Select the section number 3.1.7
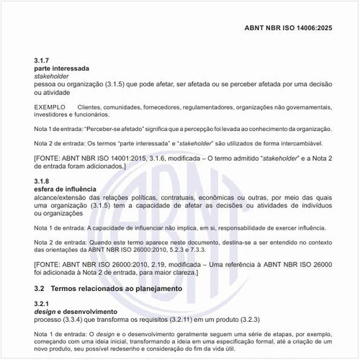click(42, 59)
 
